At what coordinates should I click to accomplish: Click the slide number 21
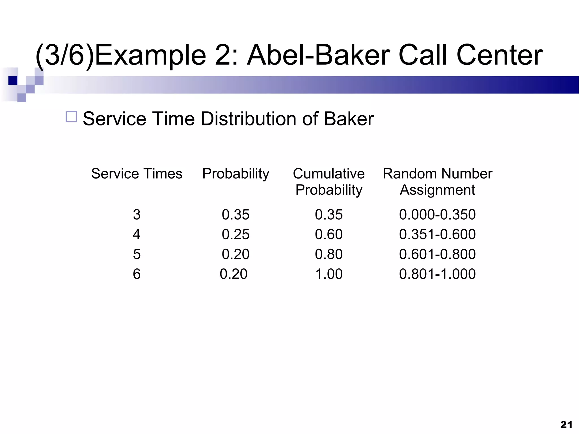[x=566, y=425]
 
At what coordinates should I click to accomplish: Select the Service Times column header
[x=137, y=173]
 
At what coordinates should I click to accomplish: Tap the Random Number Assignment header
[x=437, y=181]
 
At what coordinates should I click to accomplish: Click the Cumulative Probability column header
[x=329, y=181]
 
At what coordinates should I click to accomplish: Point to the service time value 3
[x=137, y=214]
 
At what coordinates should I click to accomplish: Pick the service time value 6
[x=137, y=274]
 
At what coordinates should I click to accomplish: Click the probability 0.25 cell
[x=236, y=234]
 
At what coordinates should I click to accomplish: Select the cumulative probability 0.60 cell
[x=329, y=234]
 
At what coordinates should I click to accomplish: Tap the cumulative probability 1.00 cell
[x=329, y=274]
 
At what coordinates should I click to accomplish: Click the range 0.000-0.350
[x=437, y=214]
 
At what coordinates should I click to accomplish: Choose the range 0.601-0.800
[x=437, y=254]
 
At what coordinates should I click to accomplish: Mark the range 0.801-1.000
[x=437, y=274]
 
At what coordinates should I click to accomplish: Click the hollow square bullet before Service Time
[x=71, y=116]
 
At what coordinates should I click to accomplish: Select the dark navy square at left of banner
[x=13, y=81]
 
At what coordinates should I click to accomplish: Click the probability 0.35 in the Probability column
[x=236, y=214]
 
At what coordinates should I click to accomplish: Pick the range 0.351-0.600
[x=437, y=234]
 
